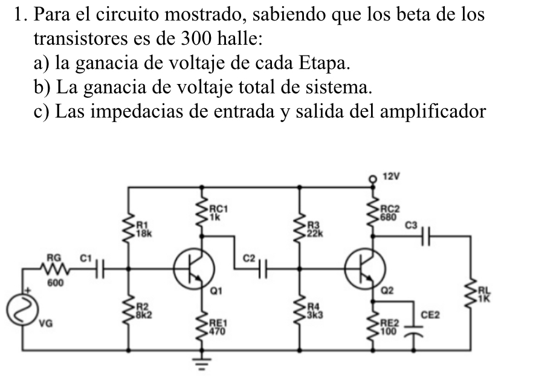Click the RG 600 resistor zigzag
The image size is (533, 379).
pyautogui.click(x=55, y=268)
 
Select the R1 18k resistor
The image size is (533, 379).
pyautogui.click(x=129, y=230)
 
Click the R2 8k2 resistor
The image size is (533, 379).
pyautogui.click(x=129, y=309)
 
